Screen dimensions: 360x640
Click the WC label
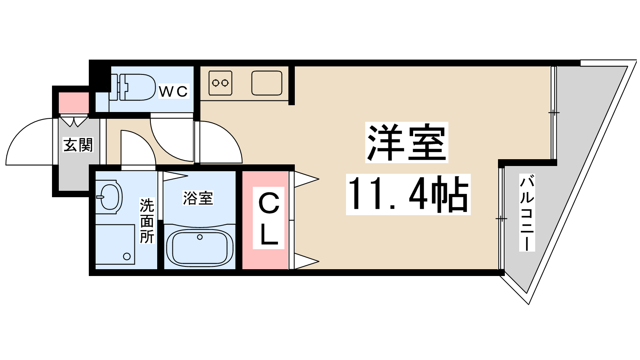(173, 92)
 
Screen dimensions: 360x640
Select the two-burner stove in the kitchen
(220, 83)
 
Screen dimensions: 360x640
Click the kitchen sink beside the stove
(267, 83)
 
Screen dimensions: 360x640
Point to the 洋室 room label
(406, 142)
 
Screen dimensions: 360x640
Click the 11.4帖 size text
(408, 195)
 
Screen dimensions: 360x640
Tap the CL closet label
(269, 218)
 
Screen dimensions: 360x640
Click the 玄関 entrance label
(78, 145)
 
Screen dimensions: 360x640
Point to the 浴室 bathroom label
(198, 198)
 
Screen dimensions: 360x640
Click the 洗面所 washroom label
(147, 221)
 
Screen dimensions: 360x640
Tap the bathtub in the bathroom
(199, 247)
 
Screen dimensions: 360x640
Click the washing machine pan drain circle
(127, 256)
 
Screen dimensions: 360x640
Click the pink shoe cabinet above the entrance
(74, 102)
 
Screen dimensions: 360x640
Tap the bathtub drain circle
(200, 237)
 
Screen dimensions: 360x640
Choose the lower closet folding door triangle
(306, 262)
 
